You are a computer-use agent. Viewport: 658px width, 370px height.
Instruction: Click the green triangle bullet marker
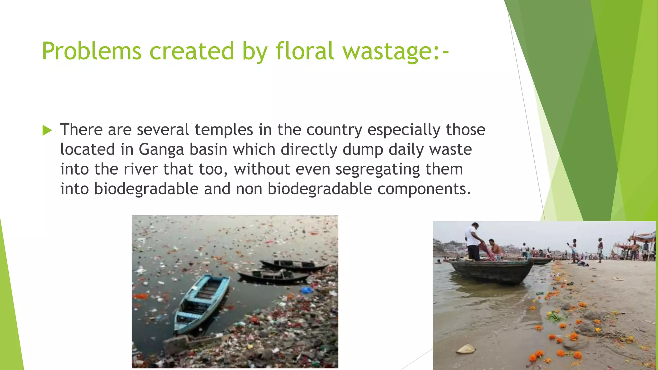pos(47,130)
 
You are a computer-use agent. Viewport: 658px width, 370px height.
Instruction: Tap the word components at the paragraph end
pos(424,189)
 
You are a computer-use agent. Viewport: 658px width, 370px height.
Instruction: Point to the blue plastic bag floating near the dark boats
pos(306,290)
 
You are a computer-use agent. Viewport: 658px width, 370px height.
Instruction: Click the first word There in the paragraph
pos(81,130)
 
